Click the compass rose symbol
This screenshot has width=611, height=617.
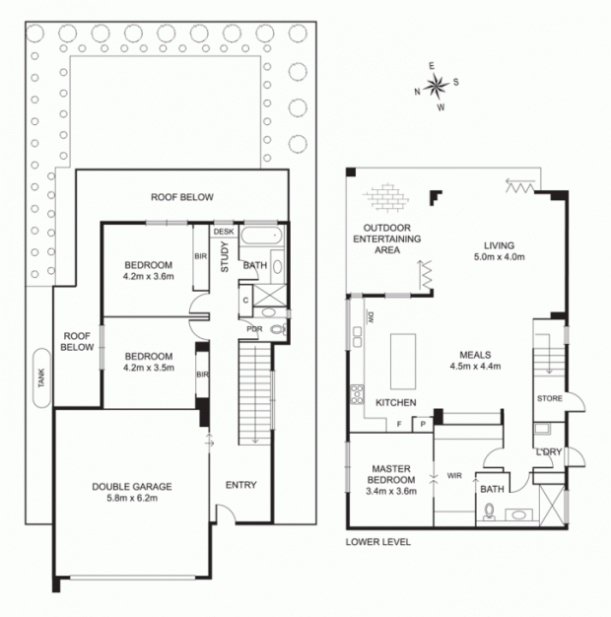(x=437, y=86)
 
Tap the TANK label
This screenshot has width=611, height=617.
(x=41, y=377)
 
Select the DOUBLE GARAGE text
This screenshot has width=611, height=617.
(x=132, y=487)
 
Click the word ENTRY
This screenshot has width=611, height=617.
(x=240, y=485)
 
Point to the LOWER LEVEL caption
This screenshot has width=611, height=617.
(x=378, y=542)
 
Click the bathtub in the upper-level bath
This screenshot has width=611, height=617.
(x=261, y=236)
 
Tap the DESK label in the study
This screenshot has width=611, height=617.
(x=224, y=232)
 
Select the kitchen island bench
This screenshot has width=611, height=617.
(x=403, y=361)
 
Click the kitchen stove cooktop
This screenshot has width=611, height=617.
(x=357, y=394)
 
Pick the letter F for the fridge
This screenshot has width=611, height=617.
(x=399, y=424)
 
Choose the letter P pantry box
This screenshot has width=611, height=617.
(x=423, y=425)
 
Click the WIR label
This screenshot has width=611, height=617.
(x=454, y=476)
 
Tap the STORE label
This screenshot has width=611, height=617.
(x=550, y=398)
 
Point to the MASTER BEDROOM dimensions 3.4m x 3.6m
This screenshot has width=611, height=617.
(x=391, y=491)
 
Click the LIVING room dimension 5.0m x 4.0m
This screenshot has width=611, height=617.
(x=499, y=257)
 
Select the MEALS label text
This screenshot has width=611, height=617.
(x=475, y=355)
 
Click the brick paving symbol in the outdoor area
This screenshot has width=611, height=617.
(x=386, y=197)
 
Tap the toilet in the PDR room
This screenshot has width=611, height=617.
(x=278, y=329)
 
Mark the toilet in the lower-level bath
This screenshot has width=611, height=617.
(x=489, y=512)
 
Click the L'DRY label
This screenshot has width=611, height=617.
(x=549, y=452)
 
